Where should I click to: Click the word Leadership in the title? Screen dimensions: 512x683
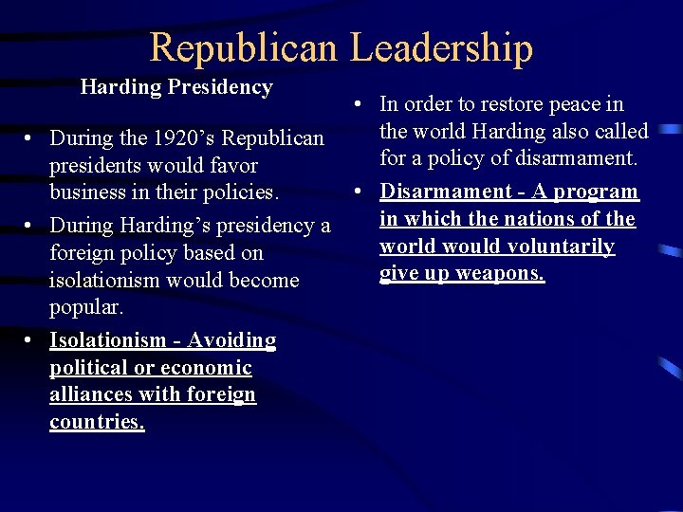(442, 47)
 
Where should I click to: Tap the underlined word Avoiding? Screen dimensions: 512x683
(231, 340)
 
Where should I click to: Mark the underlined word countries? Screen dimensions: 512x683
(97, 422)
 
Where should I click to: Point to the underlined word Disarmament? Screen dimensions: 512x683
(443, 192)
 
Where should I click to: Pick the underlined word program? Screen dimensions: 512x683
(597, 192)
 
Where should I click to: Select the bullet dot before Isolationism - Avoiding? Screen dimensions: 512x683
(32, 340)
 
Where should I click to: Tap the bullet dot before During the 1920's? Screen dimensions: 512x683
(32, 138)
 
